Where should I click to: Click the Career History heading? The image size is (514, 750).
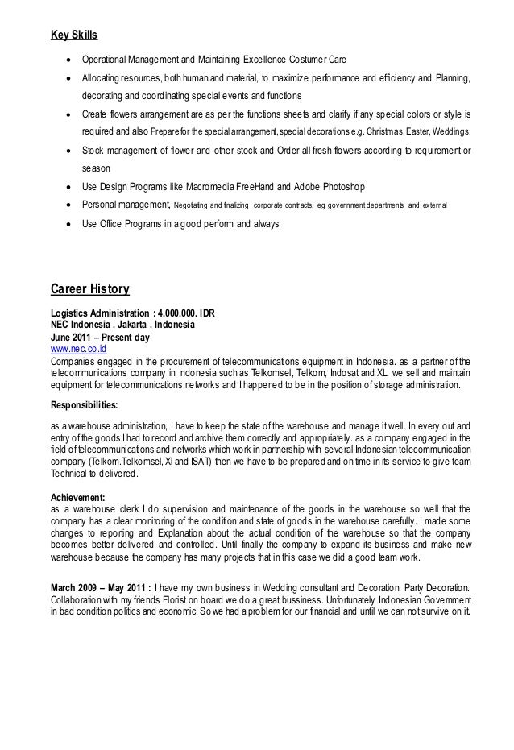click(x=90, y=288)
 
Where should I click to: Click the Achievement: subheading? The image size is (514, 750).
click(x=79, y=498)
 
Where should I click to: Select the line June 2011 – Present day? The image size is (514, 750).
click(x=103, y=338)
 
